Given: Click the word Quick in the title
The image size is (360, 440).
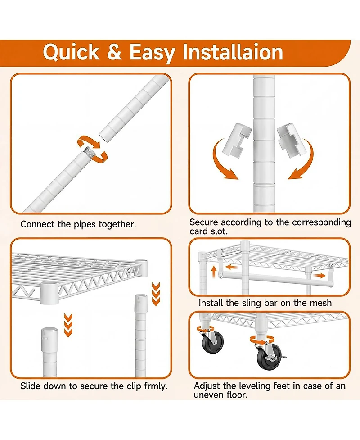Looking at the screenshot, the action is pyautogui.click(x=71, y=52).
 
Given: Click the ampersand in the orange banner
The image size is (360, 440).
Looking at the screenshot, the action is pyautogui.click(x=114, y=52).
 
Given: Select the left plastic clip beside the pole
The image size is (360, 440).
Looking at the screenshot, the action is pyautogui.click(x=237, y=138).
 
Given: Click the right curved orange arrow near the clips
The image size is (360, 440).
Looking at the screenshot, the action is pyautogui.click(x=301, y=160).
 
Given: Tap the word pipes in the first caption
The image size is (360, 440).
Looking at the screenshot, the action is pyautogui.click(x=85, y=225).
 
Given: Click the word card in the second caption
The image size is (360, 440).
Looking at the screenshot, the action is pyautogui.click(x=198, y=231).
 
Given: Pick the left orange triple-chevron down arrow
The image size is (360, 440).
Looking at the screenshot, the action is pyautogui.click(x=68, y=325).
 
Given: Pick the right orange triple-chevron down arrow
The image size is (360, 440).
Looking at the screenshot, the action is pyautogui.click(x=156, y=294).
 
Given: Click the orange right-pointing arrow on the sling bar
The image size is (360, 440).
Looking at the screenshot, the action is pyautogui.click(x=319, y=276).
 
